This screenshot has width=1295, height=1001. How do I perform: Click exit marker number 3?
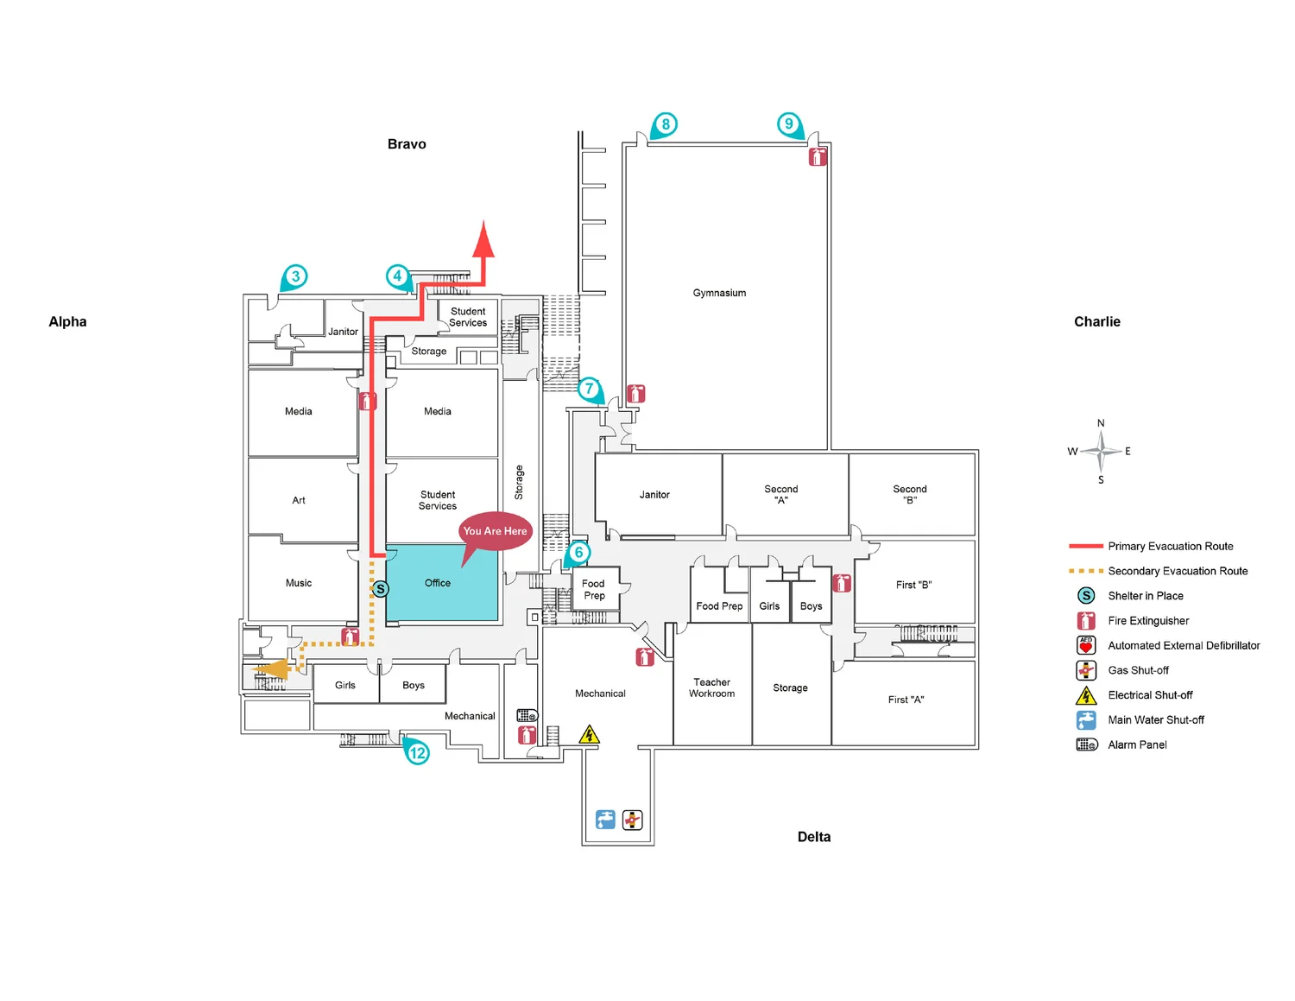pyautogui.click(x=295, y=276)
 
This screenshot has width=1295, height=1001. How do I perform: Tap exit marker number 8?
pyautogui.click(x=665, y=124)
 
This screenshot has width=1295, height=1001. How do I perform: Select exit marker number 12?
pyautogui.click(x=418, y=752)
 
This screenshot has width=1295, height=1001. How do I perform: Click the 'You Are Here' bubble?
pyautogui.click(x=495, y=531)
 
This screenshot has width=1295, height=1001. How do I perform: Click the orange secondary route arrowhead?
pyautogui.click(x=272, y=669)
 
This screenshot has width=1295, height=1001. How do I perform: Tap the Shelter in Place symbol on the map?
pyautogui.click(x=380, y=589)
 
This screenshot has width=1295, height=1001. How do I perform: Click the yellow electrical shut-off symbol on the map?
pyautogui.click(x=589, y=734)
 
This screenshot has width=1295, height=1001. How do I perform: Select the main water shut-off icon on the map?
pyautogui.click(x=605, y=820)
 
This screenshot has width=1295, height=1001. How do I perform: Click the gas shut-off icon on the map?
pyautogui.click(x=633, y=820)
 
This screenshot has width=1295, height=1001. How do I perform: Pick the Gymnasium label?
pyautogui.click(x=719, y=293)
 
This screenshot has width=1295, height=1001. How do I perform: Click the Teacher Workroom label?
pyautogui.click(x=711, y=687)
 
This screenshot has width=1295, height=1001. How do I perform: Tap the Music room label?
pyautogui.click(x=299, y=583)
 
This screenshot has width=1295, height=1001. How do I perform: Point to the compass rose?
pyautogui.click(x=1101, y=451)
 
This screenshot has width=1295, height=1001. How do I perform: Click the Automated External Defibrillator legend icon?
pyautogui.click(x=1086, y=645)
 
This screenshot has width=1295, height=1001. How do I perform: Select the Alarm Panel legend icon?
pyautogui.click(x=1086, y=744)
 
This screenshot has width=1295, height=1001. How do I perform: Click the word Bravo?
pyautogui.click(x=407, y=144)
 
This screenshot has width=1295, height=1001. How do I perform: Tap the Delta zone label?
pyautogui.click(x=814, y=837)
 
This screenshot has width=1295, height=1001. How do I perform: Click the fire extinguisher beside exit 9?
pyautogui.click(x=818, y=156)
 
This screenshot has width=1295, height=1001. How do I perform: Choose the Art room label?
pyautogui.click(x=299, y=500)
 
